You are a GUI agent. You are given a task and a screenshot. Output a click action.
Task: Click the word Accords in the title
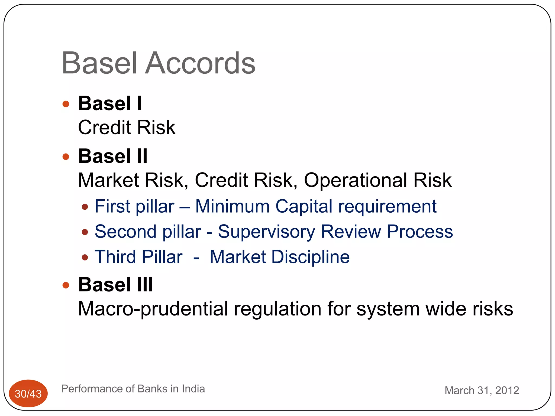click(200, 63)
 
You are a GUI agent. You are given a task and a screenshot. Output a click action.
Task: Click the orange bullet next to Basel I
click(66, 104)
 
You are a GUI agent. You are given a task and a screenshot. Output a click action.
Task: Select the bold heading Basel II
click(113, 156)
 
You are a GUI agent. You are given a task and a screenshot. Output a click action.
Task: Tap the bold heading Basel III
click(115, 285)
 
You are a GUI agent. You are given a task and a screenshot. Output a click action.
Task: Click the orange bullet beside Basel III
click(66, 285)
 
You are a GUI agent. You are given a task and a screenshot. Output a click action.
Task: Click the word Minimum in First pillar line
click(232, 206)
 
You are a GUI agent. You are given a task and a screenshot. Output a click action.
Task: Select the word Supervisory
click(266, 232)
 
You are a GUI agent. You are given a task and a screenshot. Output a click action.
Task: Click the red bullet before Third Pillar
click(85, 257)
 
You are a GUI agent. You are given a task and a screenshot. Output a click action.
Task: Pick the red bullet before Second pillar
click(85, 232)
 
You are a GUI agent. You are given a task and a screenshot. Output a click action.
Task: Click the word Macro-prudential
click(153, 309)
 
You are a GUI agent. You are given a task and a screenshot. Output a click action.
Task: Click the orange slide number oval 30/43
click(28, 394)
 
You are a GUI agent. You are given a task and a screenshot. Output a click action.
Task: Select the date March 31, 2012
click(482, 391)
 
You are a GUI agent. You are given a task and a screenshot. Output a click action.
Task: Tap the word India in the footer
click(193, 389)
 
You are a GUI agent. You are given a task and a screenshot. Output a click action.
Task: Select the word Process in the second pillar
click(420, 232)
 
